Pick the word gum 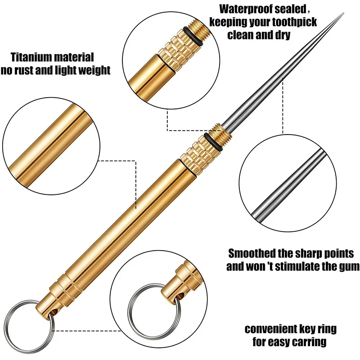coord(348,266)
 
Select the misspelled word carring coord(308,342)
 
